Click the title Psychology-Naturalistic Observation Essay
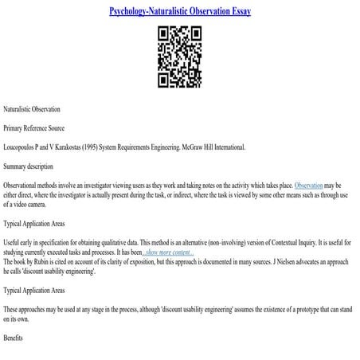click(179, 11)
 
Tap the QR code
click(178, 57)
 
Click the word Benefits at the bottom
click(14, 338)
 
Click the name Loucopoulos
click(23, 147)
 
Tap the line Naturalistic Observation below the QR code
click(32, 108)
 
